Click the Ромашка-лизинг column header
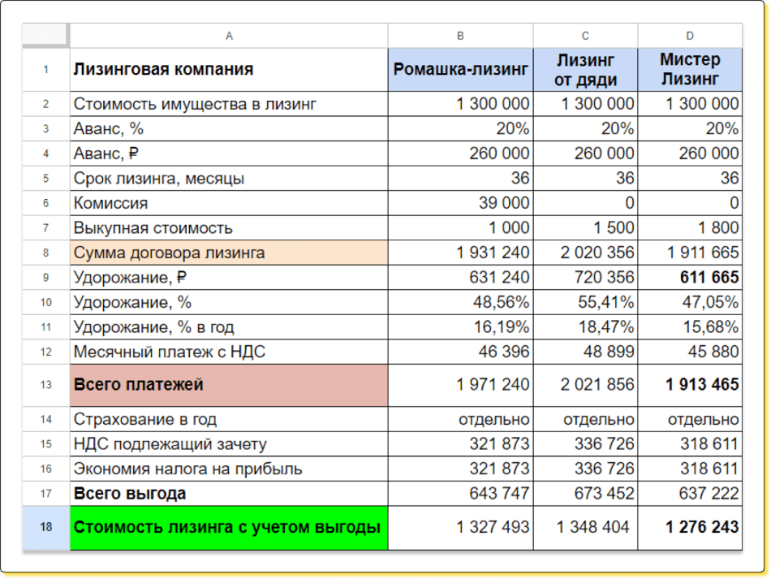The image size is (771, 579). point(460,70)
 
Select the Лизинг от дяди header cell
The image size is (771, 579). point(585,70)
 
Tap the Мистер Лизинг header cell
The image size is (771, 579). point(690,70)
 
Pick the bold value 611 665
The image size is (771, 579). point(702,278)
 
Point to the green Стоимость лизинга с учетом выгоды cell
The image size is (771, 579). point(228,527)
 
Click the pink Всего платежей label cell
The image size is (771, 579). point(228,385)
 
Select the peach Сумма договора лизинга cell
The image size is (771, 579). point(228,253)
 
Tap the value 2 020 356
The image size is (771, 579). point(597,253)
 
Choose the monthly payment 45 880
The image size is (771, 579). point(709,352)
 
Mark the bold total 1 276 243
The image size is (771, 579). point(702,527)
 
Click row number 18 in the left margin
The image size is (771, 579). point(46,527)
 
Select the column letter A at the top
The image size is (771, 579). point(229,36)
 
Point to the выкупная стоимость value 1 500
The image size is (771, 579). point(612,228)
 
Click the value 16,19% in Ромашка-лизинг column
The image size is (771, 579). point(502,327)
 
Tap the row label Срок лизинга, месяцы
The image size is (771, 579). point(159,179)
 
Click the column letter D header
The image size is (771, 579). point(690,36)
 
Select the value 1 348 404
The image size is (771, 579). point(592,527)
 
